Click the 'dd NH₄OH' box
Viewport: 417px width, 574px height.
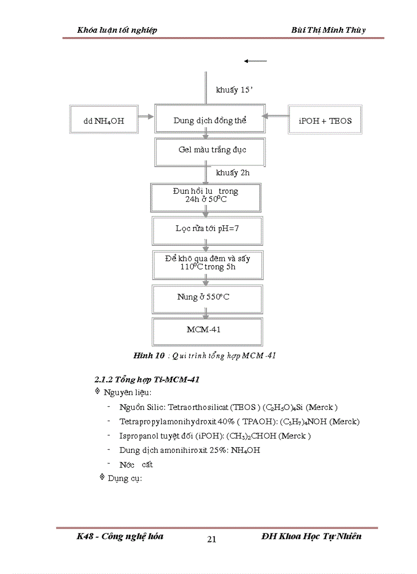click(x=104, y=121)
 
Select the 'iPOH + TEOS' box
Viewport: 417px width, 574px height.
click(x=325, y=121)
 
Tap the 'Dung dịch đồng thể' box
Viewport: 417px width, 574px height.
click(x=210, y=121)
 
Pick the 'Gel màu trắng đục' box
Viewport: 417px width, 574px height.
click(x=210, y=150)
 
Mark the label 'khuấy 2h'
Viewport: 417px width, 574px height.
click(x=233, y=173)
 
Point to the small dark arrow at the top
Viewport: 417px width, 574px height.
click(x=256, y=61)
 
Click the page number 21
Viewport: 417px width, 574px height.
click(x=212, y=539)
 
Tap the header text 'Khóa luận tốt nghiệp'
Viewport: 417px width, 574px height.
click(x=117, y=30)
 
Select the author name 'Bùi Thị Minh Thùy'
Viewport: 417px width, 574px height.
click(x=328, y=30)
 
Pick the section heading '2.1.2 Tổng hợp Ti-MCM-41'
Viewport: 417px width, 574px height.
click(x=147, y=380)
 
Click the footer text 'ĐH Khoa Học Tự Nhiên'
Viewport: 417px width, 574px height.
click(x=311, y=536)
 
